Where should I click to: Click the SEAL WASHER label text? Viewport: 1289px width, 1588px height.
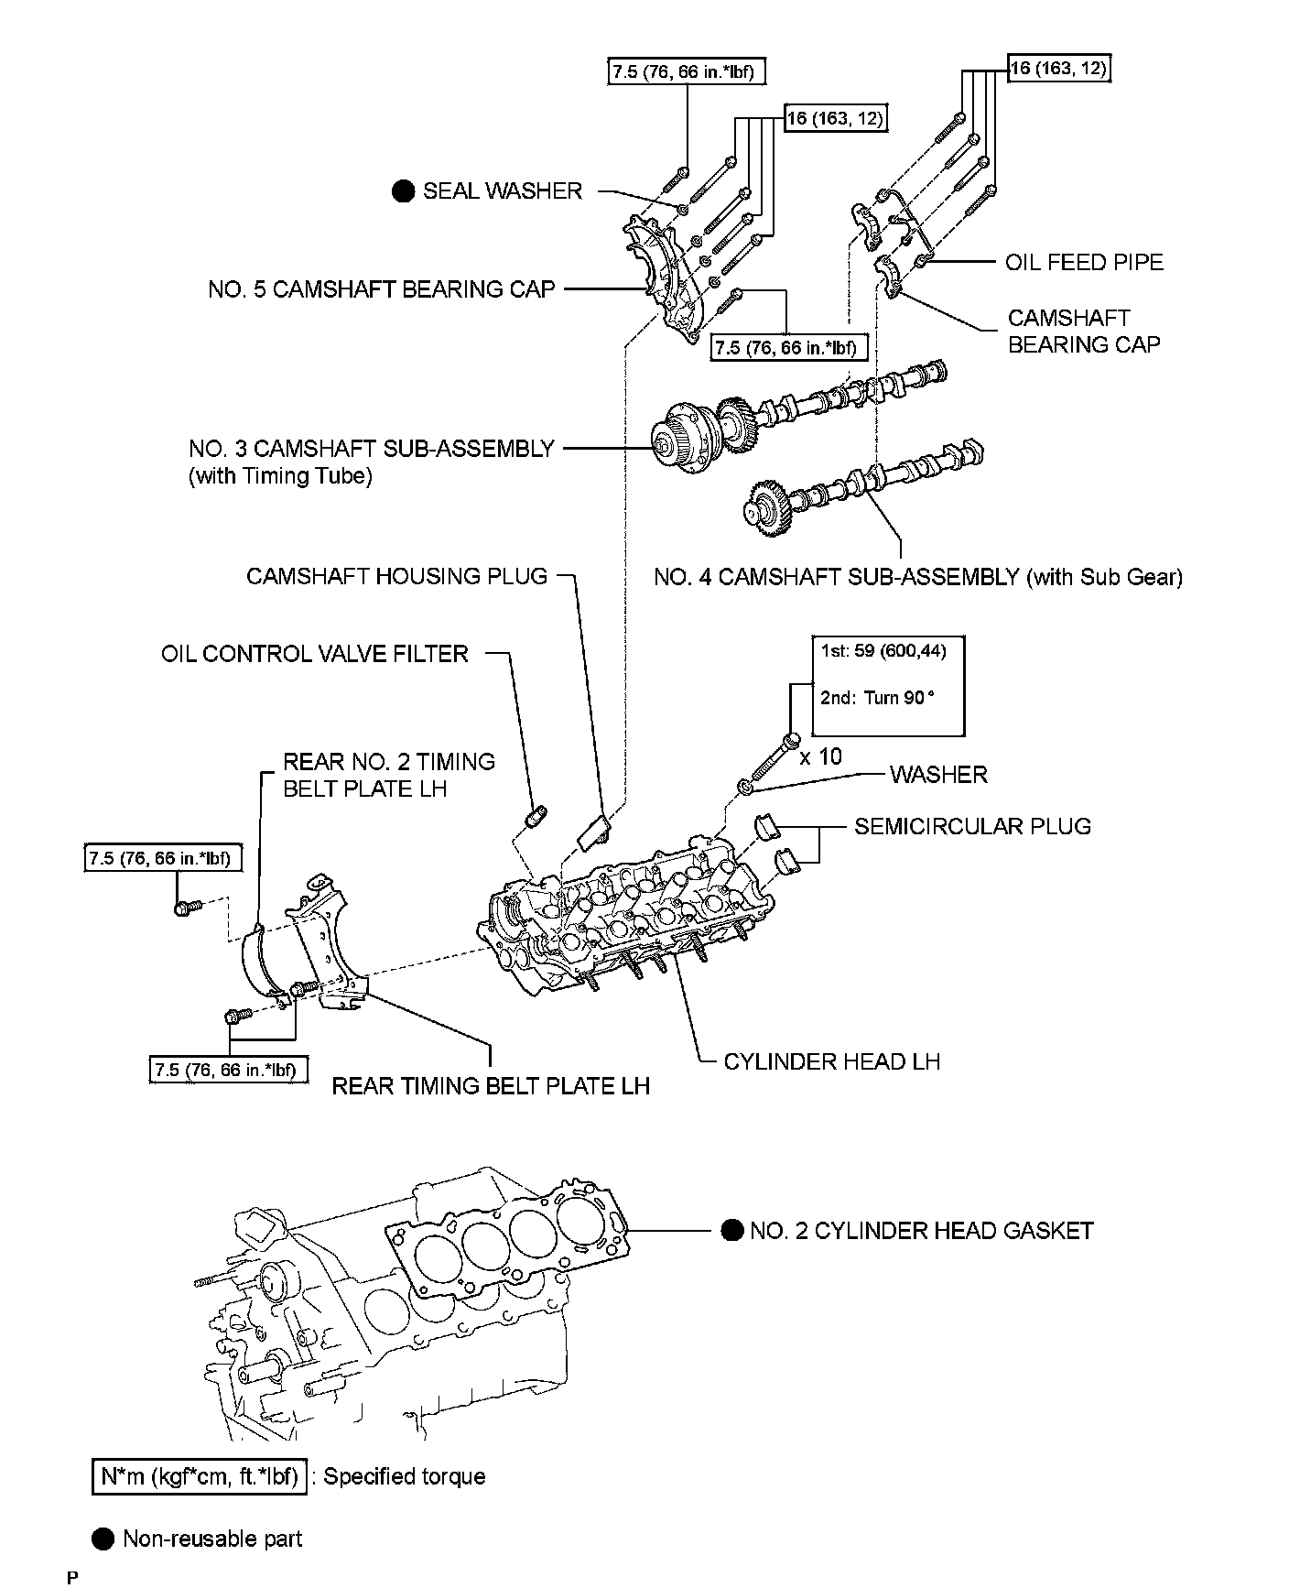point(502,190)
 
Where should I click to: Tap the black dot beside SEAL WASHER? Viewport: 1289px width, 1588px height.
point(402,190)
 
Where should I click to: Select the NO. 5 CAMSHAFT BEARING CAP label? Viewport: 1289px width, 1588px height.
point(381,289)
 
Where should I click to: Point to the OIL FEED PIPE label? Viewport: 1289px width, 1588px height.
point(1084,263)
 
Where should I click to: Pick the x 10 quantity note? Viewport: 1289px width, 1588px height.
point(820,756)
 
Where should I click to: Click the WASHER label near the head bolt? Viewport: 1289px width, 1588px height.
point(938,775)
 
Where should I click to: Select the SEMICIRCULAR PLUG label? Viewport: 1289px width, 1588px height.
point(972,826)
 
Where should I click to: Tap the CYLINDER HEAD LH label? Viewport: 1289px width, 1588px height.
point(831,1061)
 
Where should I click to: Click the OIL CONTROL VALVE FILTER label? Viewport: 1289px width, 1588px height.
point(315,654)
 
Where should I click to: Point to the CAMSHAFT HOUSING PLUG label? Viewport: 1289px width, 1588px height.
point(396,576)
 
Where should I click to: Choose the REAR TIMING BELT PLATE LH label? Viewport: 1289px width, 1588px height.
point(490,1086)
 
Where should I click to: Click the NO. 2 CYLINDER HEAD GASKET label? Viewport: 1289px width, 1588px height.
point(921,1230)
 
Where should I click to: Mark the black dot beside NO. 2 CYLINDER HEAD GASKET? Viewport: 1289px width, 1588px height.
point(731,1230)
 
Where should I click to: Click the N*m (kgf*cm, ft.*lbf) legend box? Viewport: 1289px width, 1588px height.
point(200,1476)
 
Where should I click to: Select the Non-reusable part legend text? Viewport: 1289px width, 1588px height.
point(212,1539)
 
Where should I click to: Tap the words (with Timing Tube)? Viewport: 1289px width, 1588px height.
point(280,477)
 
